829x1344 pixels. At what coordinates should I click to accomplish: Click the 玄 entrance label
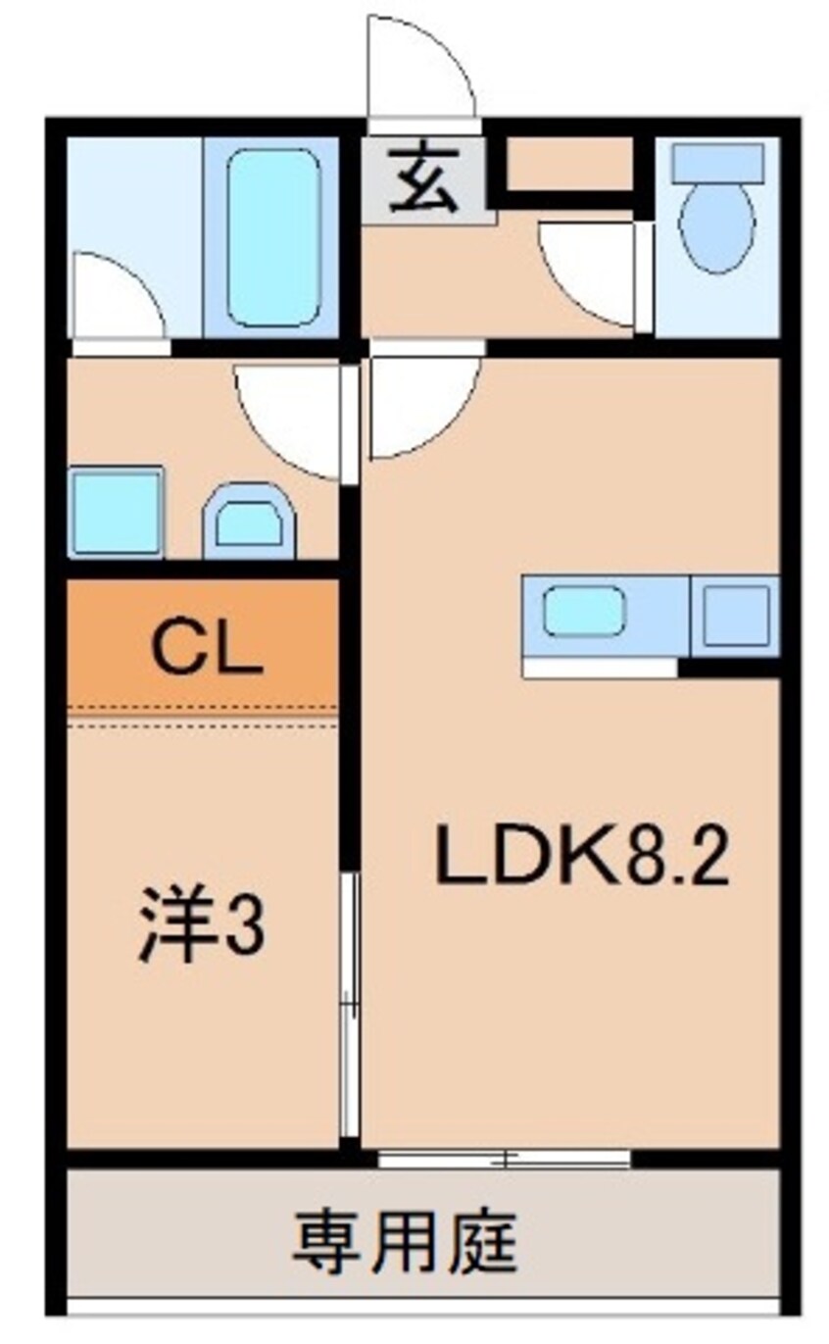pyautogui.click(x=423, y=181)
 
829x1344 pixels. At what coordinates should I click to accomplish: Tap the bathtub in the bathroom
pyautogui.click(x=273, y=237)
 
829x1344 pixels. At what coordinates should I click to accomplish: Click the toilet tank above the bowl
pyautogui.click(x=716, y=163)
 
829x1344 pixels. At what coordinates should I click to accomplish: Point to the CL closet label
pyautogui.click(x=209, y=651)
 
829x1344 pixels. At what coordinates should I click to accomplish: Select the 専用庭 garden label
pyautogui.click(x=404, y=1239)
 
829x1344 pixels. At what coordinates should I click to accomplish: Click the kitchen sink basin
pyautogui.click(x=584, y=610)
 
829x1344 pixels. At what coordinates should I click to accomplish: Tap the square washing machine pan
pyautogui.click(x=116, y=512)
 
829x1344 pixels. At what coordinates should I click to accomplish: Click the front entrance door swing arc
pyautogui.click(x=419, y=69)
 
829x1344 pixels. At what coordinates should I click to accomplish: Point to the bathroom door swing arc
pyautogui.click(x=114, y=298)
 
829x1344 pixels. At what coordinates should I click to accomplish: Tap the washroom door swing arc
pyautogui.click(x=290, y=416)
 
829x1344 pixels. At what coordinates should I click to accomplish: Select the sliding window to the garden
pyautogui.click(x=504, y=1159)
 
